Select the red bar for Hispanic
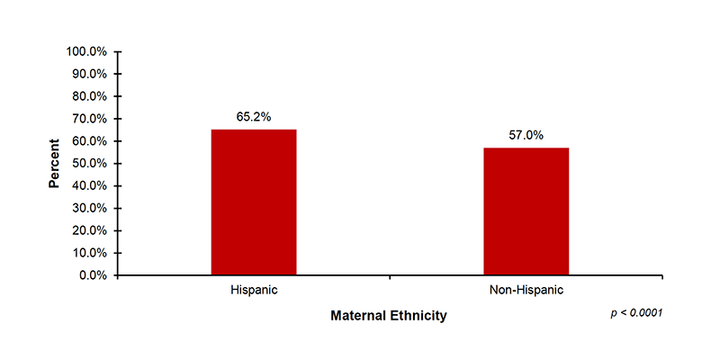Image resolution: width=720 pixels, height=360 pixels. point(254,202)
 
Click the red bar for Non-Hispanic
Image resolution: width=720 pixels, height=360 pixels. point(526,211)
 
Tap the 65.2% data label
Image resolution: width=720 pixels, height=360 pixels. point(254,116)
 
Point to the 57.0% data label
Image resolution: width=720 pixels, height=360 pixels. point(526,135)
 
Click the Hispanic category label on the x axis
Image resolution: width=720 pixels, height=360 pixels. point(254,291)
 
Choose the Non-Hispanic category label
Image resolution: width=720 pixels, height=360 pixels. point(526,291)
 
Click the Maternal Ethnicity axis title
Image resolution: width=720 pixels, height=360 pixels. point(388,316)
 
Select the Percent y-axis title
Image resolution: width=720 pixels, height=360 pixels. point(54,163)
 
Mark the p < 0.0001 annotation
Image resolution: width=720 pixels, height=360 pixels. point(636,312)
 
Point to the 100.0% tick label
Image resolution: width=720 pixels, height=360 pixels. point(87,51)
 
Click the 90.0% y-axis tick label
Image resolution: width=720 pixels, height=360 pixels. point(90,74)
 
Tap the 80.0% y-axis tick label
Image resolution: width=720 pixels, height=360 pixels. point(90,96)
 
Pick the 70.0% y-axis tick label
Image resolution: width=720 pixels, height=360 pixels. point(90,119)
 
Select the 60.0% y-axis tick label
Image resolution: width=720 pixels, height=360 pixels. point(90,141)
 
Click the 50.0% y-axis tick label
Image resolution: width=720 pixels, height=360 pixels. point(90,163)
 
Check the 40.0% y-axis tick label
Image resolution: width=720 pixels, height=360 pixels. point(90,185)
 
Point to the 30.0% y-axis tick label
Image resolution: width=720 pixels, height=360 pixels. point(90,208)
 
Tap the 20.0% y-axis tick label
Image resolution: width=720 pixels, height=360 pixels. point(90,230)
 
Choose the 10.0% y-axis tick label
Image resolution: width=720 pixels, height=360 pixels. point(90,253)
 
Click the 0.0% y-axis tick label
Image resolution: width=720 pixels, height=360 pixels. point(94,275)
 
